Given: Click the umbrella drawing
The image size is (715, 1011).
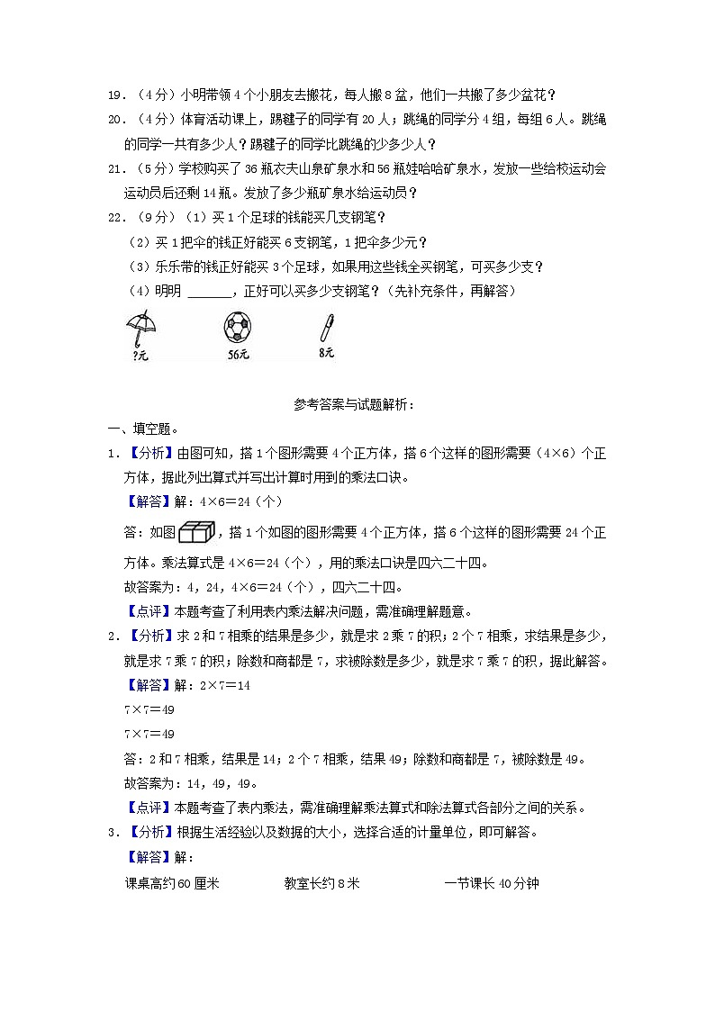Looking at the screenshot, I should (138, 326).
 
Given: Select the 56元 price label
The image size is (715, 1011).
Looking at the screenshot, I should (238, 355).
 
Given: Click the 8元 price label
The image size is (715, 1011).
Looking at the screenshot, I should (326, 353).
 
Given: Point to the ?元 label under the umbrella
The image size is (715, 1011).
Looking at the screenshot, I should (140, 356).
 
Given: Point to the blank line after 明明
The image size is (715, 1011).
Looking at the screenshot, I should (211, 291).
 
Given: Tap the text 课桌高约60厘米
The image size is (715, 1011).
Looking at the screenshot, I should (172, 883).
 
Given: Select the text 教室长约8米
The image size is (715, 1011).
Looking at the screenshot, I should (321, 883).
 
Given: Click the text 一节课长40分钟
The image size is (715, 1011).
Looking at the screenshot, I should (492, 883).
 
